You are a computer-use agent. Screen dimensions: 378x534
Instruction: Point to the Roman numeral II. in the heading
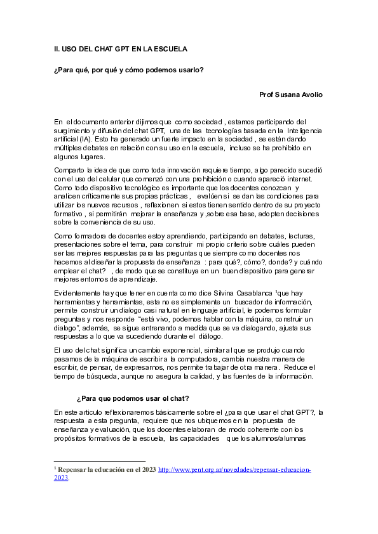click(57, 49)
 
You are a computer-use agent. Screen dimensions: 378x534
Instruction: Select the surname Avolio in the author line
click(309, 94)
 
